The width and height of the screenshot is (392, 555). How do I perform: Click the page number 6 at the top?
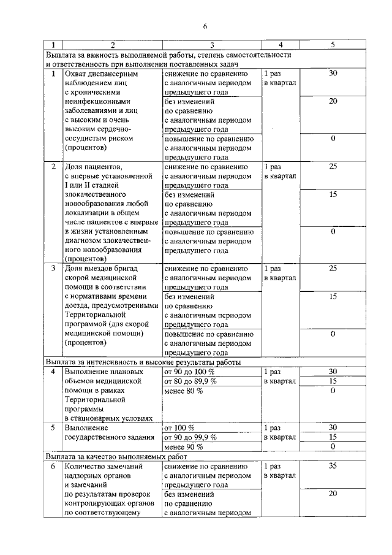[x=206, y=26]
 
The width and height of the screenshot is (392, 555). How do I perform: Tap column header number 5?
[x=333, y=45]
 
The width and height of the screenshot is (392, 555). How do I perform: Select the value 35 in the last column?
[x=333, y=466]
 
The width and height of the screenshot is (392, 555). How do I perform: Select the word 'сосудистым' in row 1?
[x=87, y=139]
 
